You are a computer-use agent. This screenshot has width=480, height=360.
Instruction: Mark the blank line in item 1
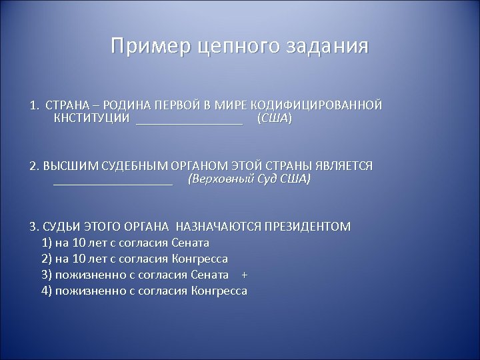(x=189, y=121)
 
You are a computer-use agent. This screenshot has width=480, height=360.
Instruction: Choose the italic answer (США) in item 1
(x=274, y=119)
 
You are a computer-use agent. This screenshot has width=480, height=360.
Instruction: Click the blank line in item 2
(x=113, y=182)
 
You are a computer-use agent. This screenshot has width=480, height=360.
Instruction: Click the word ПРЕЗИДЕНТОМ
(x=307, y=226)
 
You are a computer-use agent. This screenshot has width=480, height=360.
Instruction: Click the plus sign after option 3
(x=244, y=275)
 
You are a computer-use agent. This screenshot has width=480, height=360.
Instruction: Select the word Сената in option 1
(x=191, y=242)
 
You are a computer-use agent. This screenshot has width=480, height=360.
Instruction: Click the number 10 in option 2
(x=81, y=259)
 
